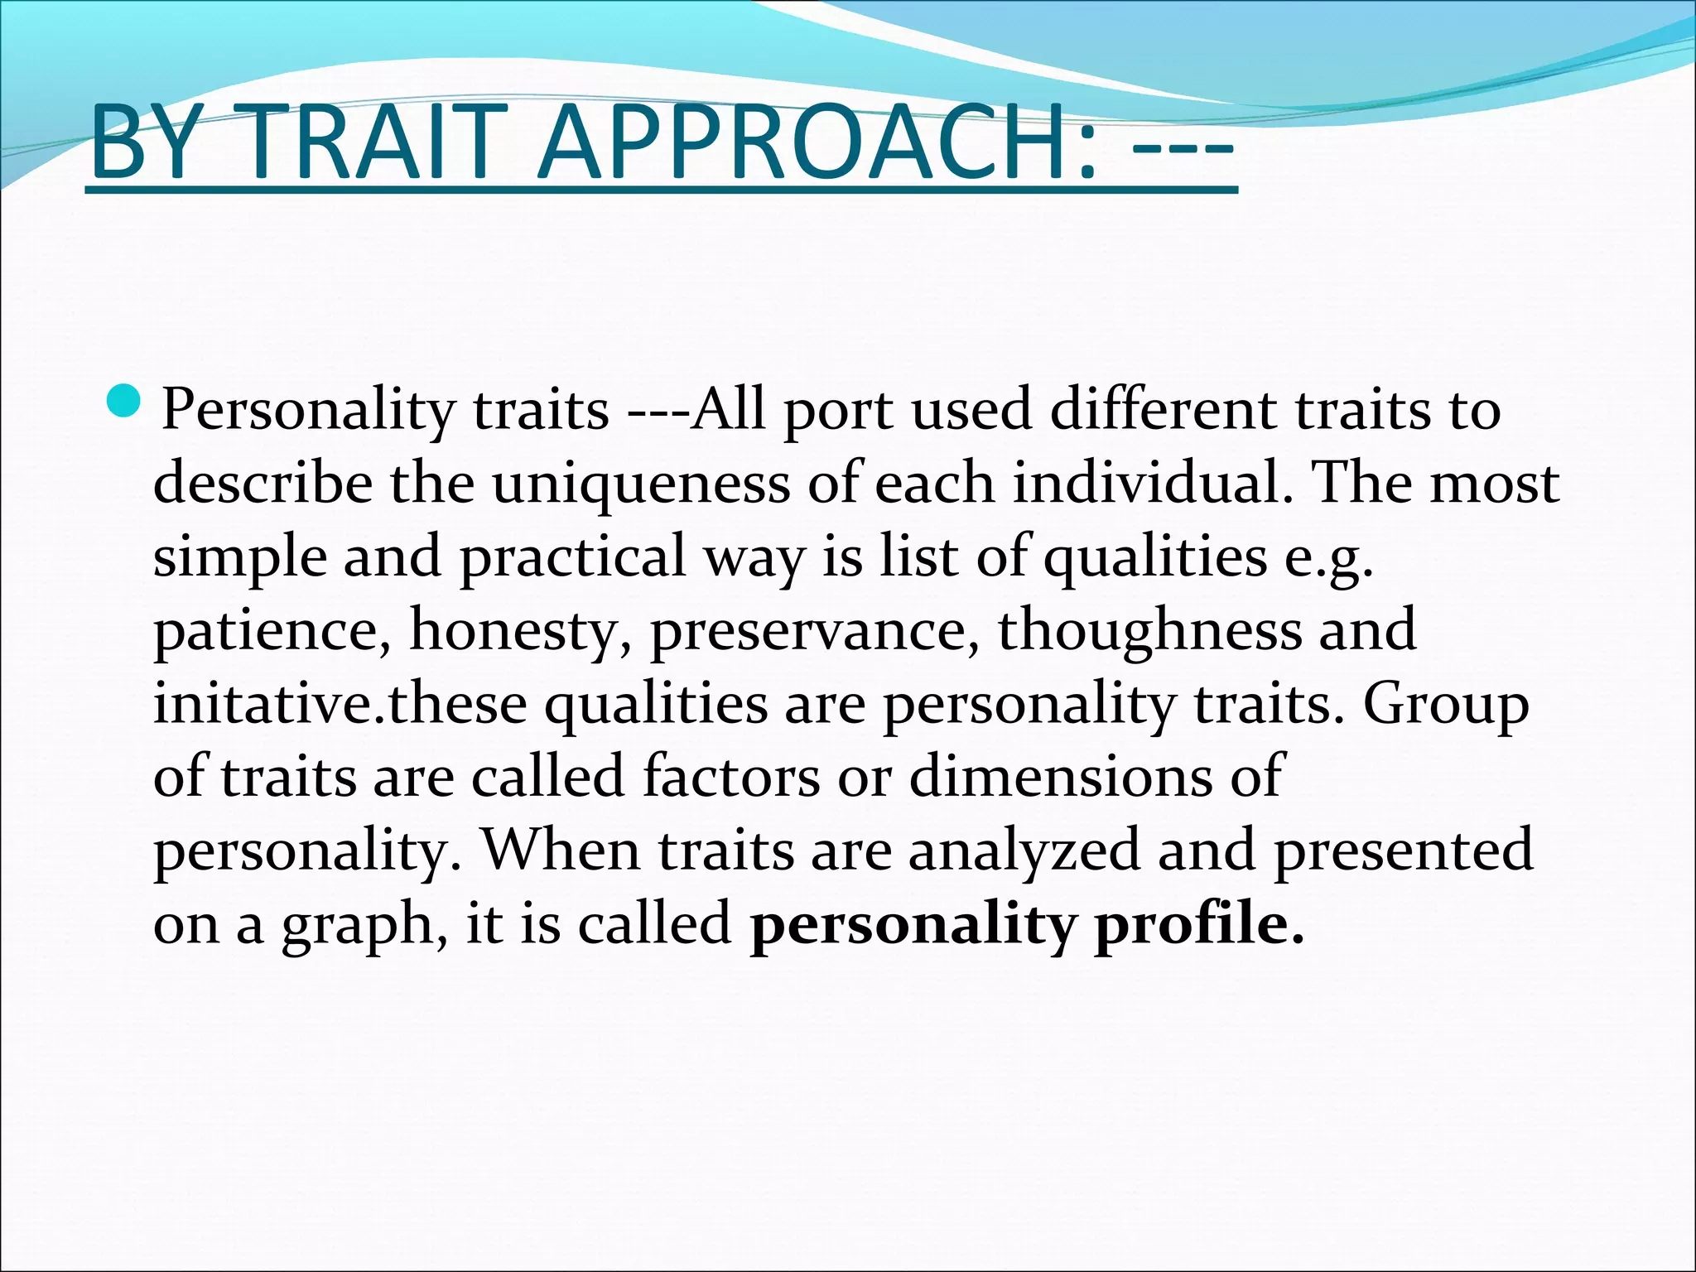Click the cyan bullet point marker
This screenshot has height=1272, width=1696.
click(125, 402)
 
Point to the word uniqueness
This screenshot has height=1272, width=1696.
click(641, 484)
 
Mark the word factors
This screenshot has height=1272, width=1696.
click(730, 777)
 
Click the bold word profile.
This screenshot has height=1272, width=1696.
click(1198, 924)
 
